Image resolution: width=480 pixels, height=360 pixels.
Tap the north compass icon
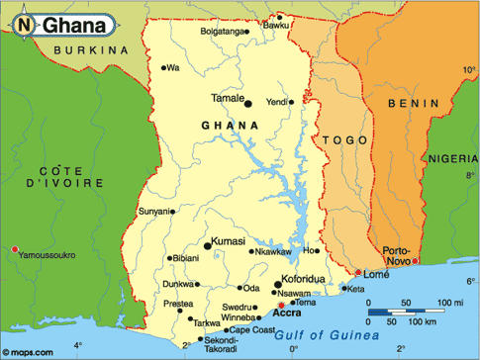pyautogui.click(x=24, y=22)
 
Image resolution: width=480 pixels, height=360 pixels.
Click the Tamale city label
pyautogui.click(x=227, y=97)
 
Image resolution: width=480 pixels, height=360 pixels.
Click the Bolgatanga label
pyautogui.click(x=221, y=31)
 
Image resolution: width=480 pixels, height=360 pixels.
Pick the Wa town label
pyautogui.click(x=174, y=68)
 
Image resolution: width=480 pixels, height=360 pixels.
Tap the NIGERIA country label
pyautogui.click(x=451, y=158)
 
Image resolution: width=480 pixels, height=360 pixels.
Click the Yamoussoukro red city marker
pyautogui.click(x=15, y=249)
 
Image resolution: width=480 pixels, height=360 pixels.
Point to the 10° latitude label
pyautogui.click(x=467, y=70)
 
